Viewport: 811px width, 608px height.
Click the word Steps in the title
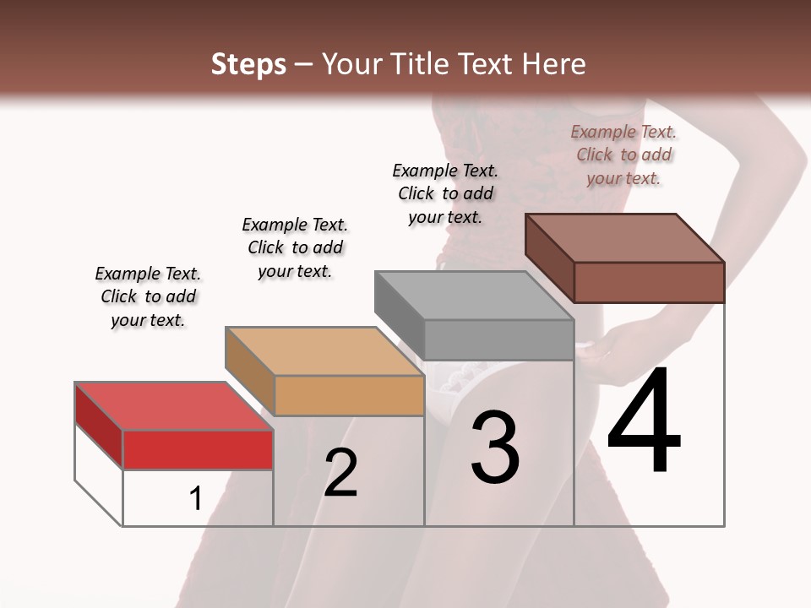[x=248, y=64]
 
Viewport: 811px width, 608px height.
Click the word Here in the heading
[x=553, y=64]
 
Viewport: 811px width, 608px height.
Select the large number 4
[x=644, y=422]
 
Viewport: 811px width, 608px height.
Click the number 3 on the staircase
[x=495, y=448]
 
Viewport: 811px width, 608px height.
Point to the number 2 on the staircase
[x=340, y=473]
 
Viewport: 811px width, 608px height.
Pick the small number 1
[x=195, y=499]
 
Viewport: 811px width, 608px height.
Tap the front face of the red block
[x=198, y=449]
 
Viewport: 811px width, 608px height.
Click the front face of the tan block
[x=349, y=395]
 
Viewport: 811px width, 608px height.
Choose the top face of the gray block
[x=473, y=296]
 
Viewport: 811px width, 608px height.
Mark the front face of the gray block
[x=498, y=339]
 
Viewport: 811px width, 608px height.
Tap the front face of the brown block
[x=649, y=281]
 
